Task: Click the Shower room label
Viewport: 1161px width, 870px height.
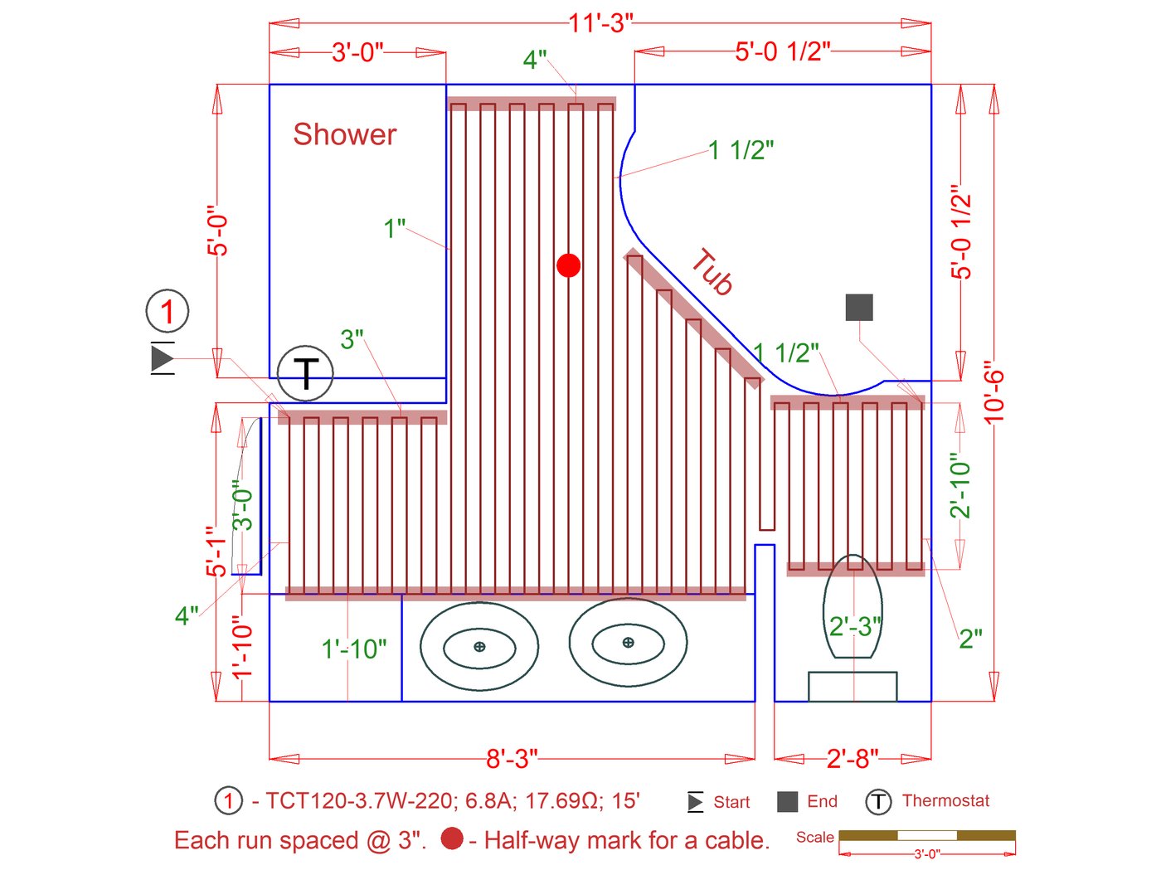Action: point(344,134)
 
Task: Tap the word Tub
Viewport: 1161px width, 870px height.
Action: point(712,272)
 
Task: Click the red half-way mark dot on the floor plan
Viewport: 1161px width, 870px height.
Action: point(568,265)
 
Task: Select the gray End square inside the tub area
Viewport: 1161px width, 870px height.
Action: point(858,307)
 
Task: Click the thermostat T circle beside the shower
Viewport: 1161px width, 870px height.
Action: point(305,373)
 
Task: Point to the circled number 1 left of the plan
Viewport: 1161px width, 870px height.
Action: point(168,311)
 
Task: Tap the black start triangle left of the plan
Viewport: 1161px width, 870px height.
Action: point(162,358)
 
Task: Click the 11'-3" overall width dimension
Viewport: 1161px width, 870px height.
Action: point(600,23)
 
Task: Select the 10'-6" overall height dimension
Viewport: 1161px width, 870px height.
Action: point(993,392)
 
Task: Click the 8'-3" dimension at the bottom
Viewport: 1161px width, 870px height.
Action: point(512,759)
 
